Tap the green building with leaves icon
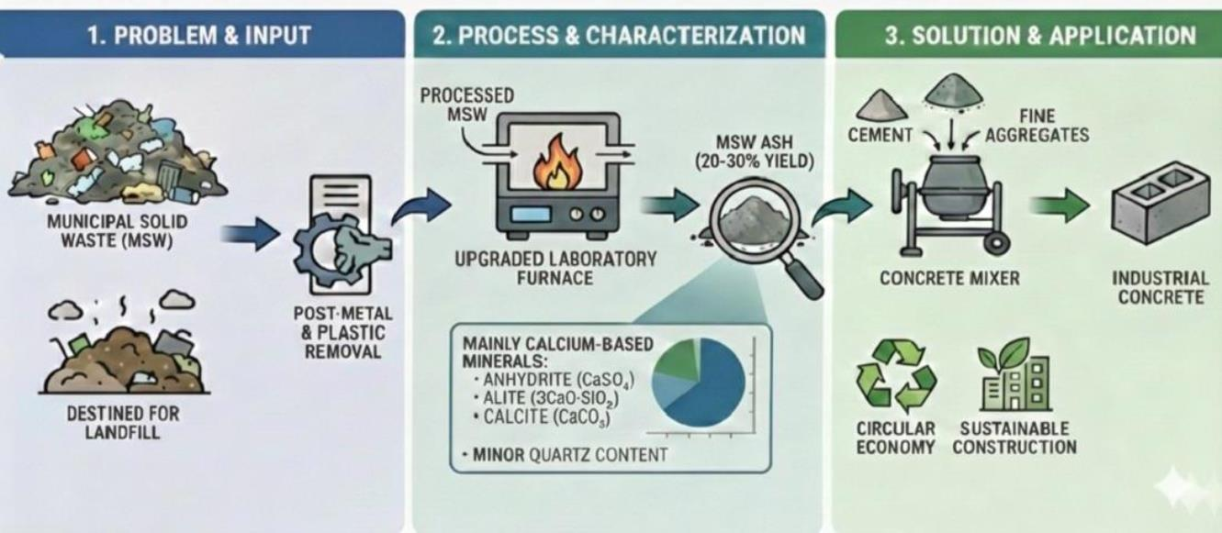1014,375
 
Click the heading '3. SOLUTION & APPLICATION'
1026,36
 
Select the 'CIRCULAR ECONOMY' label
894,439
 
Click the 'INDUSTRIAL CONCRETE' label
1160,287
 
